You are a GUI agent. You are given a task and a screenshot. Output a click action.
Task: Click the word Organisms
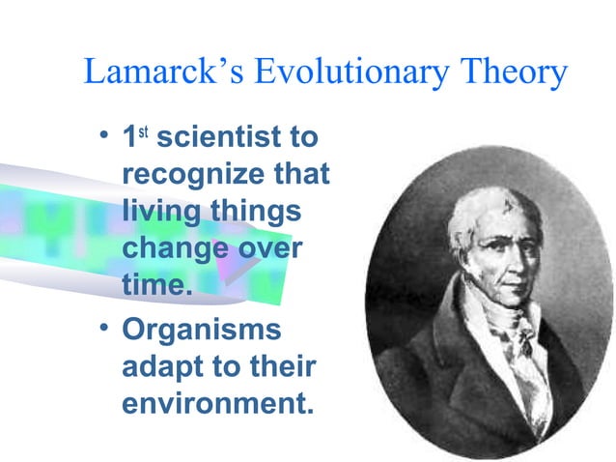[202, 329]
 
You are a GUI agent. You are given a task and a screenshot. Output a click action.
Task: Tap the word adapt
[160, 365]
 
